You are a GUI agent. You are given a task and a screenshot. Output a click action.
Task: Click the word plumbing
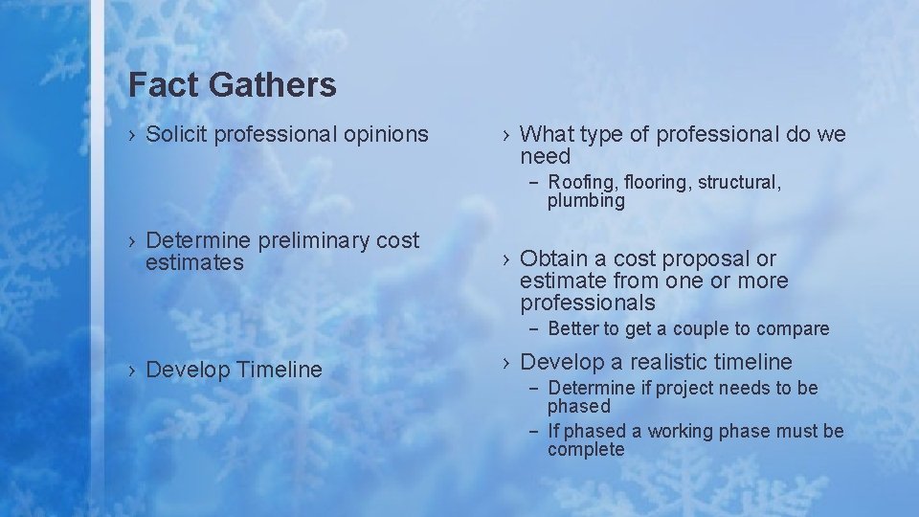(x=586, y=201)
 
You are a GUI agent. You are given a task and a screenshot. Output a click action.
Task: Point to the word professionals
(x=588, y=303)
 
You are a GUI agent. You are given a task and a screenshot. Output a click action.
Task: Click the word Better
(x=572, y=329)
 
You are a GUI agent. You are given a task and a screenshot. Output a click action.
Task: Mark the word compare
(x=794, y=329)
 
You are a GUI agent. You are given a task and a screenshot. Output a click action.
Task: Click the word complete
(x=586, y=450)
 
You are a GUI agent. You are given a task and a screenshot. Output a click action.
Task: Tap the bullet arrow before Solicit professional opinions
(x=133, y=135)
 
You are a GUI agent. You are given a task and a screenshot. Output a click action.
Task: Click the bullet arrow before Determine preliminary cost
(x=133, y=240)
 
